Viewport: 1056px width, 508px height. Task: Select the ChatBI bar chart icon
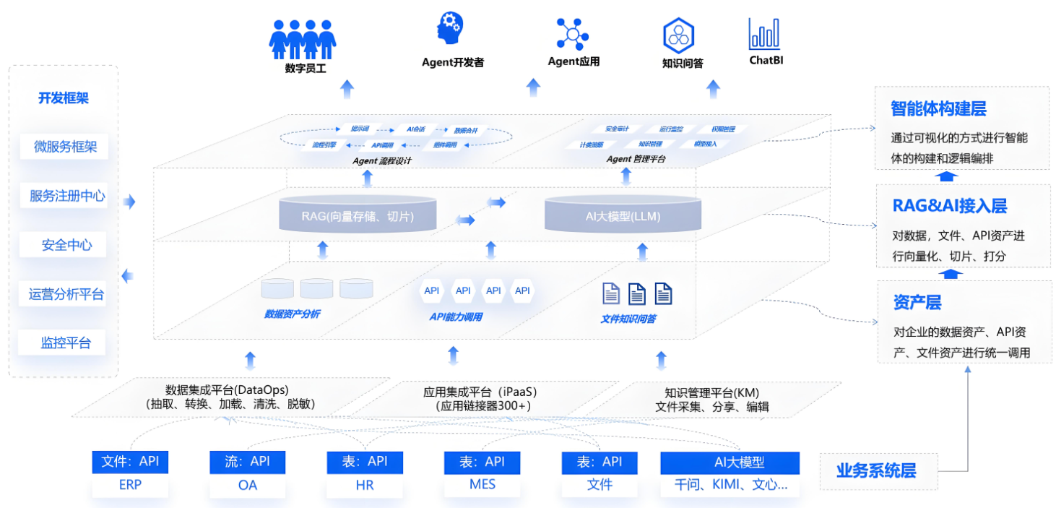[765, 33]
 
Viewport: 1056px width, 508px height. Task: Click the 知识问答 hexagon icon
[678, 35]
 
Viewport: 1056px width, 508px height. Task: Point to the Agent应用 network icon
[574, 33]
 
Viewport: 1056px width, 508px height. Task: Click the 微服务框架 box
[66, 147]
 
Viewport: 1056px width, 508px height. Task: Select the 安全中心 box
[66, 245]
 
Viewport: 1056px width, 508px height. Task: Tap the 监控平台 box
[66, 343]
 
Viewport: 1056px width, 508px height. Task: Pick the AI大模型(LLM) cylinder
[623, 216]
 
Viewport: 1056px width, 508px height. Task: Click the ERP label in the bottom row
[130, 485]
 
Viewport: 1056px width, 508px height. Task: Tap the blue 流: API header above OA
[247, 462]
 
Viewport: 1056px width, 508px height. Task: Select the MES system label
[482, 484]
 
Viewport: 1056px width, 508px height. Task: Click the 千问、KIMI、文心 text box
[730, 485]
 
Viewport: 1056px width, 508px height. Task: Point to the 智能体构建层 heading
[938, 109]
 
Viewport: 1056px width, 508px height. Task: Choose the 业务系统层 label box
[877, 471]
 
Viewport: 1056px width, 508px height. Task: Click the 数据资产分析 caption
[292, 314]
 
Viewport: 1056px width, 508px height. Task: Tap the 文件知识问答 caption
[628, 319]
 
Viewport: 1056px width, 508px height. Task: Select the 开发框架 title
[64, 98]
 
